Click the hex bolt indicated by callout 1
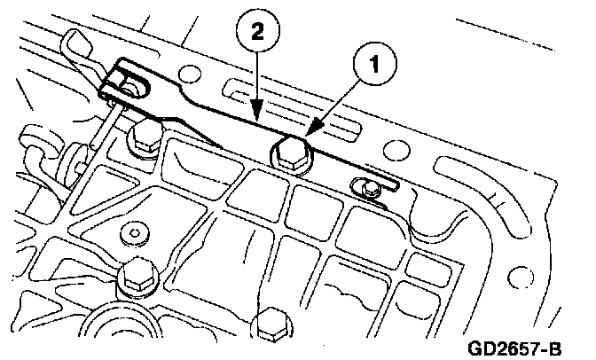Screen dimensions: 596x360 tap(291, 153)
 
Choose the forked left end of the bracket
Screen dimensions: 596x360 tap(123, 81)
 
